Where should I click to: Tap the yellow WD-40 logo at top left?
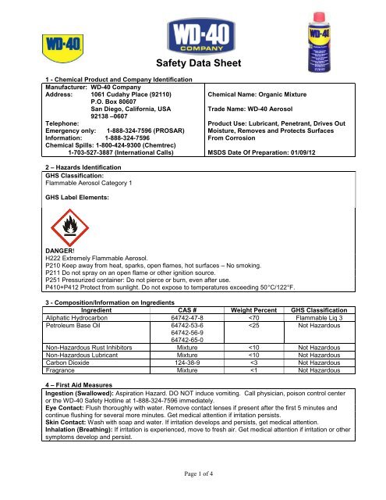(31, 38)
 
